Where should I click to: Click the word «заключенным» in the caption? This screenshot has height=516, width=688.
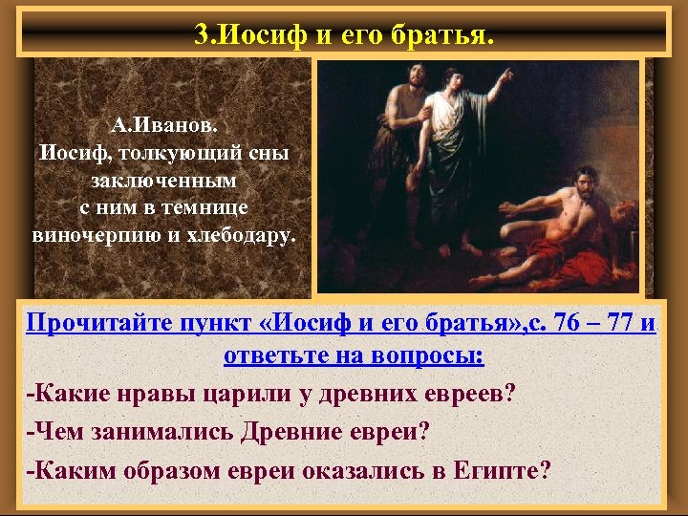[164, 180]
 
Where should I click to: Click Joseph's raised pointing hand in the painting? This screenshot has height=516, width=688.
[503, 80]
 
